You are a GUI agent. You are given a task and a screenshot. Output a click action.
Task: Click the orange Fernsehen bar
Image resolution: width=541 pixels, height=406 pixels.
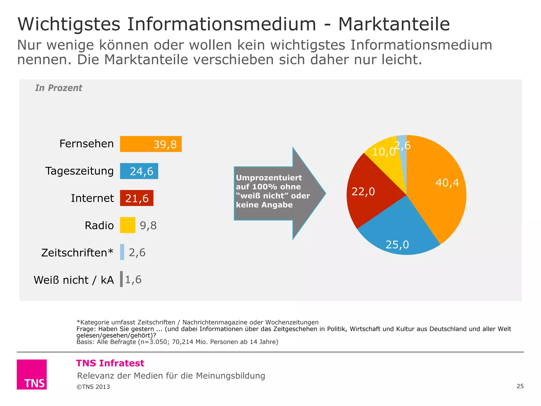click(151, 144)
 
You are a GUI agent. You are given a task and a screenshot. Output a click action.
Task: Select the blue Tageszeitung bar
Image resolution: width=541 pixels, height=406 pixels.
click(139, 171)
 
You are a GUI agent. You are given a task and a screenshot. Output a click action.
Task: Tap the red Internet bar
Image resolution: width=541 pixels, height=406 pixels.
click(137, 198)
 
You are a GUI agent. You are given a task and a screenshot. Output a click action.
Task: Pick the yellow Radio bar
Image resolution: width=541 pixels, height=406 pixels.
click(128, 225)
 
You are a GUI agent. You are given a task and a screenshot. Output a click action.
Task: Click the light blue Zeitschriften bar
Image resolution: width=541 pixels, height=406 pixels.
click(122, 252)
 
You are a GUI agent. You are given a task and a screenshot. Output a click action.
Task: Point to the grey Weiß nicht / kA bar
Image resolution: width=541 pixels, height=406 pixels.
click(122, 279)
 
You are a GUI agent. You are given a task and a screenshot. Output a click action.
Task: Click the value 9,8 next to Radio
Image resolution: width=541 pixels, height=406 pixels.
click(148, 225)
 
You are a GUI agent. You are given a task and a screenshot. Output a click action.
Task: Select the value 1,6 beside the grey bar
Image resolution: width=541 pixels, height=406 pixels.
click(133, 279)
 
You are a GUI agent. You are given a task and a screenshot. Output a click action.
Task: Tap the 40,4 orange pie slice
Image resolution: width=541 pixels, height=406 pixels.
click(439, 190)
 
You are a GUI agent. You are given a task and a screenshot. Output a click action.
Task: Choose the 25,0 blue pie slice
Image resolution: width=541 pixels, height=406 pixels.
click(399, 233)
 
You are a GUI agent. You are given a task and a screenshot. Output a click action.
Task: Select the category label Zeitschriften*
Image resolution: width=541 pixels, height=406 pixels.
click(77, 252)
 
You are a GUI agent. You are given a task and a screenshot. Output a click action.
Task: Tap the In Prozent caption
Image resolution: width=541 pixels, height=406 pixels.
click(59, 88)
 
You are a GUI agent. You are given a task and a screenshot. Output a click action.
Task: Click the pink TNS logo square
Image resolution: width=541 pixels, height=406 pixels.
click(32, 374)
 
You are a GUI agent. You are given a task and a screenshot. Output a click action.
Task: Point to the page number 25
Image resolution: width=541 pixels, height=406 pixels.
click(520, 386)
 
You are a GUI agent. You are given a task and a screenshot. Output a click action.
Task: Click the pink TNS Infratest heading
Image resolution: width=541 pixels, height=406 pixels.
click(110, 363)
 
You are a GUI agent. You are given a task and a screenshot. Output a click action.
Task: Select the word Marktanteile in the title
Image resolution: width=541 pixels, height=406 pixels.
click(394, 24)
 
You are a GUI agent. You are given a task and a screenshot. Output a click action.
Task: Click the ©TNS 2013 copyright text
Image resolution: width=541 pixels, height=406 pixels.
click(93, 387)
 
